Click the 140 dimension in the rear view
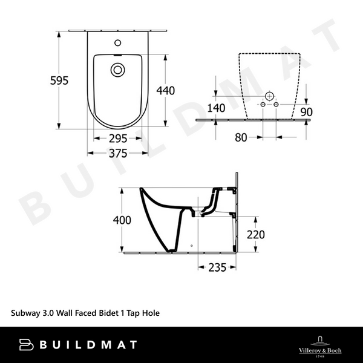pyautogui.click(x=215, y=108)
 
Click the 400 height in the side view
pyautogui.click(x=122, y=220)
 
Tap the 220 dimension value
pyautogui.click(x=254, y=235)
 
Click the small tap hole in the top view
pyautogui.click(x=118, y=44)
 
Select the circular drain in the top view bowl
pyautogui.click(x=118, y=70)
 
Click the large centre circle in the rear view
pyautogui.click(x=269, y=97)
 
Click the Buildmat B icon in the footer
pyautogui.click(x=24, y=345)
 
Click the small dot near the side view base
pyautogui.click(x=192, y=246)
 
